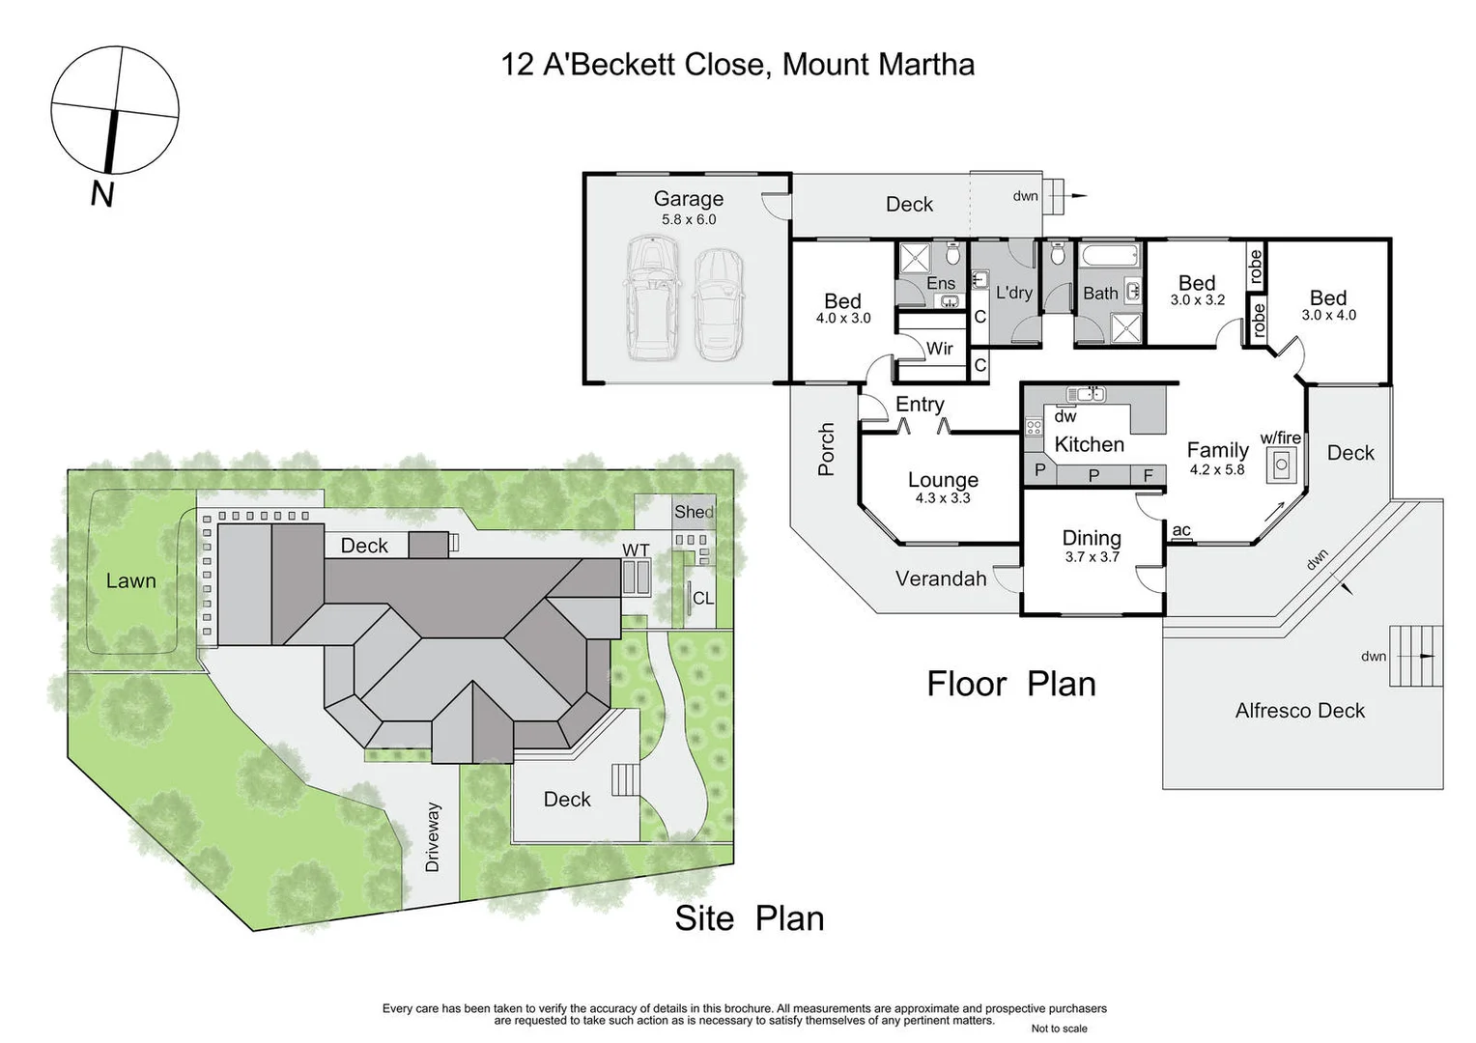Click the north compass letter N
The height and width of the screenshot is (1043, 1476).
pyautogui.click(x=102, y=194)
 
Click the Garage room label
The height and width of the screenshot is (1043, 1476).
pyautogui.click(x=688, y=199)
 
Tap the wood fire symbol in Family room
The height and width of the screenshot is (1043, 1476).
pyautogui.click(x=1282, y=465)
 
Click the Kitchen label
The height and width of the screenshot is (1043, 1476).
pyautogui.click(x=1089, y=444)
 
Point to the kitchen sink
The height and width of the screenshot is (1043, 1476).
pyautogui.click(x=1086, y=394)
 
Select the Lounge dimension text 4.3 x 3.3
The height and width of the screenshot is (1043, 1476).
pyautogui.click(x=943, y=498)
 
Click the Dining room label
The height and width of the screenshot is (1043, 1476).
pyautogui.click(x=1092, y=538)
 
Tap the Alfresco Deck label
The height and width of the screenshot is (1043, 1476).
pyautogui.click(x=1299, y=711)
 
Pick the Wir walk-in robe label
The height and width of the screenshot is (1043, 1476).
pyautogui.click(x=939, y=349)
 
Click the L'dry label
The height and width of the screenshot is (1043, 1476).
pyautogui.click(x=1013, y=293)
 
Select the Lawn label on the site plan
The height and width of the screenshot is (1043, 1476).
pyautogui.click(x=130, y=580)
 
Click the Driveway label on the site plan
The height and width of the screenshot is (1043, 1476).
pyautogui.click(x=432, y=836)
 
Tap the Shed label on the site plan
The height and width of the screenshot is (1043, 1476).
pyautogui.click(x=694, y=512)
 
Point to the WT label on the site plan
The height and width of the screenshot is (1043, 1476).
pyautogui.click(x=636, y=550)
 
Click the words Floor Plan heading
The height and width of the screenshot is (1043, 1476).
pyautogui.click(x=1011, y=684)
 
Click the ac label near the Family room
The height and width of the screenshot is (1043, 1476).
pyautogui.click(x=1180, y=530)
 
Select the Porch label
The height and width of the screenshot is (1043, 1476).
pyautogui.click(x=826, y=449)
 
